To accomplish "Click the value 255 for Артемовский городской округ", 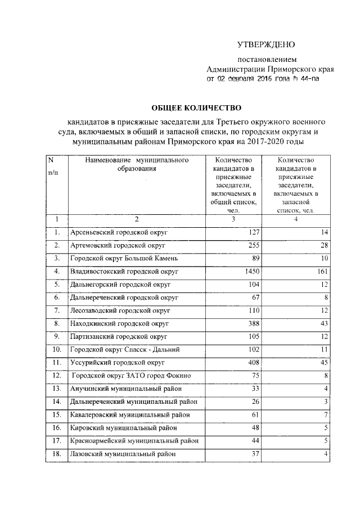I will [x=253, y=245].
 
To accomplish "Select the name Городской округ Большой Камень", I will [x=124, y=258].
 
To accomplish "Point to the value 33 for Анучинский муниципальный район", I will [x=255, y=388].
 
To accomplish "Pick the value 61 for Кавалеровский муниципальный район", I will [x=255, y=415].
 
